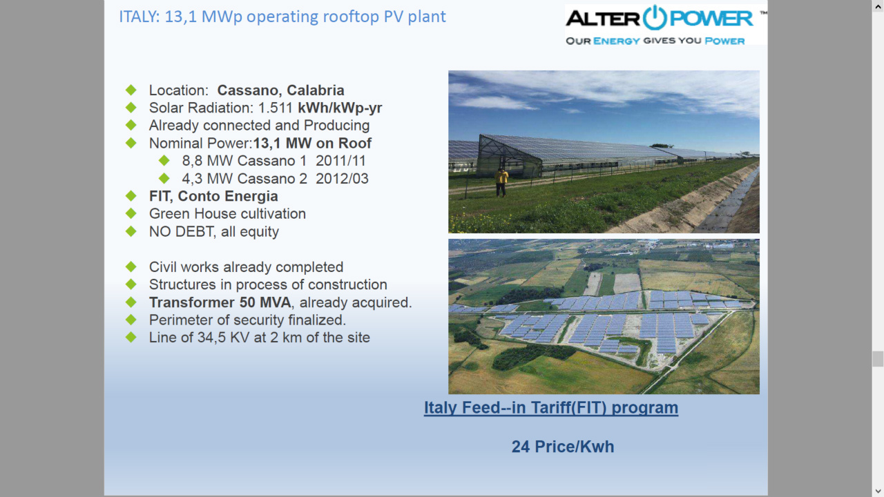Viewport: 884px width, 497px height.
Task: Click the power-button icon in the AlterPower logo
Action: tap(655, 17)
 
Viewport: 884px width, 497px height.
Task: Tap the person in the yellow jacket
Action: tap(501, 182)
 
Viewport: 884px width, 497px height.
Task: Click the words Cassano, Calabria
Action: tap(280, 90)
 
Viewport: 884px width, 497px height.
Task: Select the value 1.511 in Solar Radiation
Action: tap(275, 108)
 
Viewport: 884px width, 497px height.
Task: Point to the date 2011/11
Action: tap(340, 161)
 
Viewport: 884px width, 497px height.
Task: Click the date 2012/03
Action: tap(342, 179)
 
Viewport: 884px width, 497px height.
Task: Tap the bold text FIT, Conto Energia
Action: tap(213, 196)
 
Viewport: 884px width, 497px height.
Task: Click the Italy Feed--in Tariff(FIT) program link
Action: tap(551, 407)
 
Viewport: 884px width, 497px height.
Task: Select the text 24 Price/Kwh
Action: tap(563, 447)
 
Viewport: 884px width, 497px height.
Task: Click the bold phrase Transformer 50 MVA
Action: tap(220, 302)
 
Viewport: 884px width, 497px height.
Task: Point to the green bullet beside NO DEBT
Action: tap(131, 231)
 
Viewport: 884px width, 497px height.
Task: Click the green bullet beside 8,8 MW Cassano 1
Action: tap(164, 161)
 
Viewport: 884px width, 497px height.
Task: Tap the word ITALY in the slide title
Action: tap(139, 17)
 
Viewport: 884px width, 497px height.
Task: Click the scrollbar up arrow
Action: tap(878, 6)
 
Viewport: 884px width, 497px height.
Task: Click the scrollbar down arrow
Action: tap(878, 491)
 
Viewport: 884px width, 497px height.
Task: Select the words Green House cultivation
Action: tap(227, 214)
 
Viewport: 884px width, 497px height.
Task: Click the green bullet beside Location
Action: tap(131, 90)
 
